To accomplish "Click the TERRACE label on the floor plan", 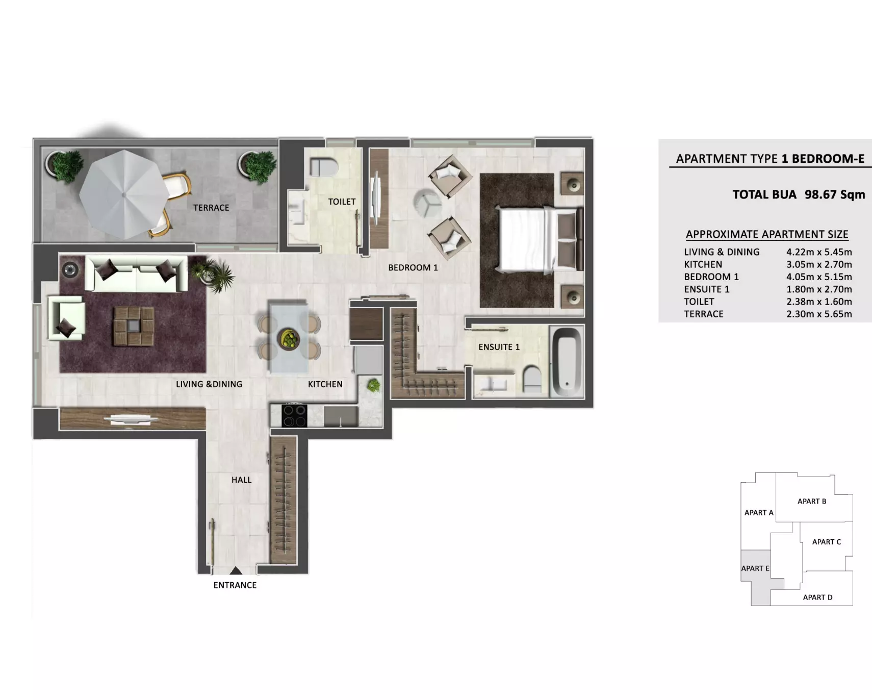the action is coord(211,208).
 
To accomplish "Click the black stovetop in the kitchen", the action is coord(294,415).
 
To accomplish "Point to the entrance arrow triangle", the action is coord(236,570).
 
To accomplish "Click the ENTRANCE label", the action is coord(235,585).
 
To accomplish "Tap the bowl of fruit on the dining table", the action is coord(289,339).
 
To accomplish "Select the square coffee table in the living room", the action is coord(134,326).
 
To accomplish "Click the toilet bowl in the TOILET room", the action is coord(324,166).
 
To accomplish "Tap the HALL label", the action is coord(242,480).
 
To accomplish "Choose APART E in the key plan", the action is coord(755,568).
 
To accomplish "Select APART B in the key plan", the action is coord(812,502).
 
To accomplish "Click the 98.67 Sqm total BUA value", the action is coord(835,194).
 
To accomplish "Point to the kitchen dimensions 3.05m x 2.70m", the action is coord(819,264).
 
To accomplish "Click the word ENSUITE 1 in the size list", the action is coord(707,289).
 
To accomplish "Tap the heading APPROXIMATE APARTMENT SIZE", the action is coord(767,234).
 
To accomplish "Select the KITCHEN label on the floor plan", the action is coord(325,384).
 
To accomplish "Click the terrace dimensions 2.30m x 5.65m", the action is coord(819,314).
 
